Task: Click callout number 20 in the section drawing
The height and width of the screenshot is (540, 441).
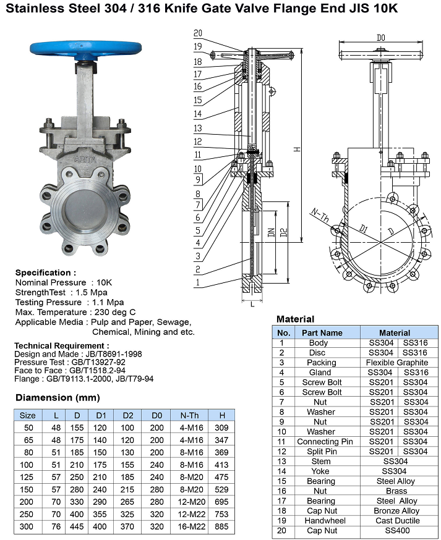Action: point(198,33)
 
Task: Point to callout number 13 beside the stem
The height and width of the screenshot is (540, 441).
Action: point(198,128)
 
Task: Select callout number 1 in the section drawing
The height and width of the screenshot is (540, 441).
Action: point(197,282)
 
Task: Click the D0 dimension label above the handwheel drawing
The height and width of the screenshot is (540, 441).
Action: point(381,38)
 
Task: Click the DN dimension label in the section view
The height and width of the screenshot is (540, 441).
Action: point(270,233)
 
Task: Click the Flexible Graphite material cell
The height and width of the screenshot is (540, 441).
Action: point(396,363)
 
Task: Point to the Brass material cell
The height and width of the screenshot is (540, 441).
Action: point(396,491)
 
